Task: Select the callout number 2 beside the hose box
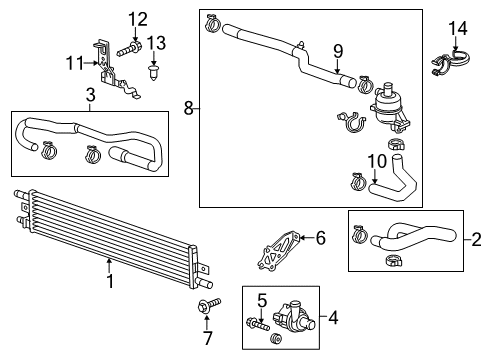point(475,239)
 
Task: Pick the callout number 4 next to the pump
point(333,318)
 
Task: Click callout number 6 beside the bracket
point(320,237)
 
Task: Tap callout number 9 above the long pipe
point(337,51)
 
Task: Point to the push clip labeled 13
point(152,71)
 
